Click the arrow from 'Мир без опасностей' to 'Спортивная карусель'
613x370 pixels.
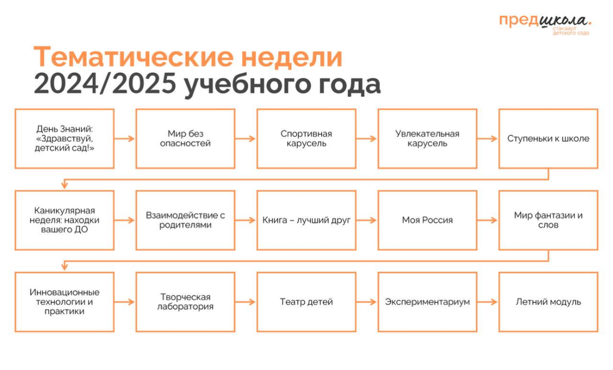pyautogui.click(x=245, y=138)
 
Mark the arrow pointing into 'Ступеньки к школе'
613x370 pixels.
pyautogui.click(x=488, y=138)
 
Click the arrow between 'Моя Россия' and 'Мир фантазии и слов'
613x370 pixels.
pyautogui.click(x=488, y=220)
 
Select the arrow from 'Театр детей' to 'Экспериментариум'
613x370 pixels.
pyautogui.click(x=367, y=302)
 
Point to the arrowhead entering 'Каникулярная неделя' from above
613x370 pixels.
pyautogui.click(x=64, y=185)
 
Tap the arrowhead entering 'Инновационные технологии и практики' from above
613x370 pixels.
pyautogui.click(x=64, y=267)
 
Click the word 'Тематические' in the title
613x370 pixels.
pyautogui.click(x=134, y=57)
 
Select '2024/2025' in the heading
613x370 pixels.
pyautogui.click(x=105, y=84)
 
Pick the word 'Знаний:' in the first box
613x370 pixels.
pyautogui.click(x=79, y=129)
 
